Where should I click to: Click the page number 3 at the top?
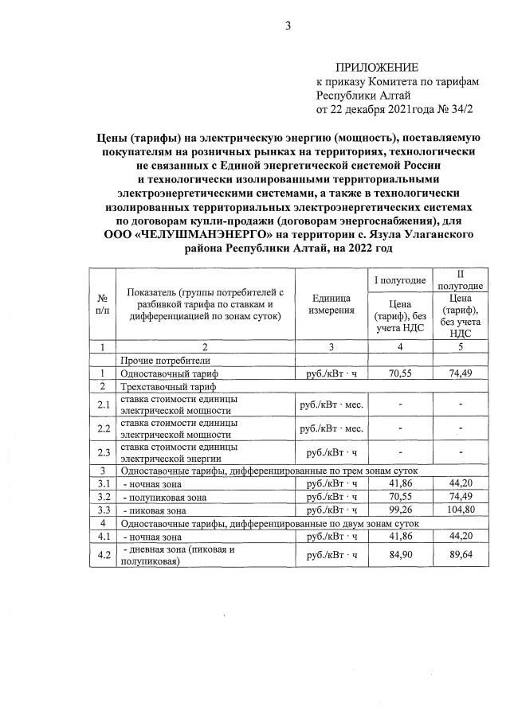click(x=288, y=26)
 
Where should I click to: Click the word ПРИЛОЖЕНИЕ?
click(x=375, y=67)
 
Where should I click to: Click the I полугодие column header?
click(x=399, y=281)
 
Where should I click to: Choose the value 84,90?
click(x=400, y=556)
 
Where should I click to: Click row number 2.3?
click(x=102, y=453)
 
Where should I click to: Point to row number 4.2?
click(x=102, y=556)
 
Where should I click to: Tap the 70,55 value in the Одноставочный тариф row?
click(x=400, y=373)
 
